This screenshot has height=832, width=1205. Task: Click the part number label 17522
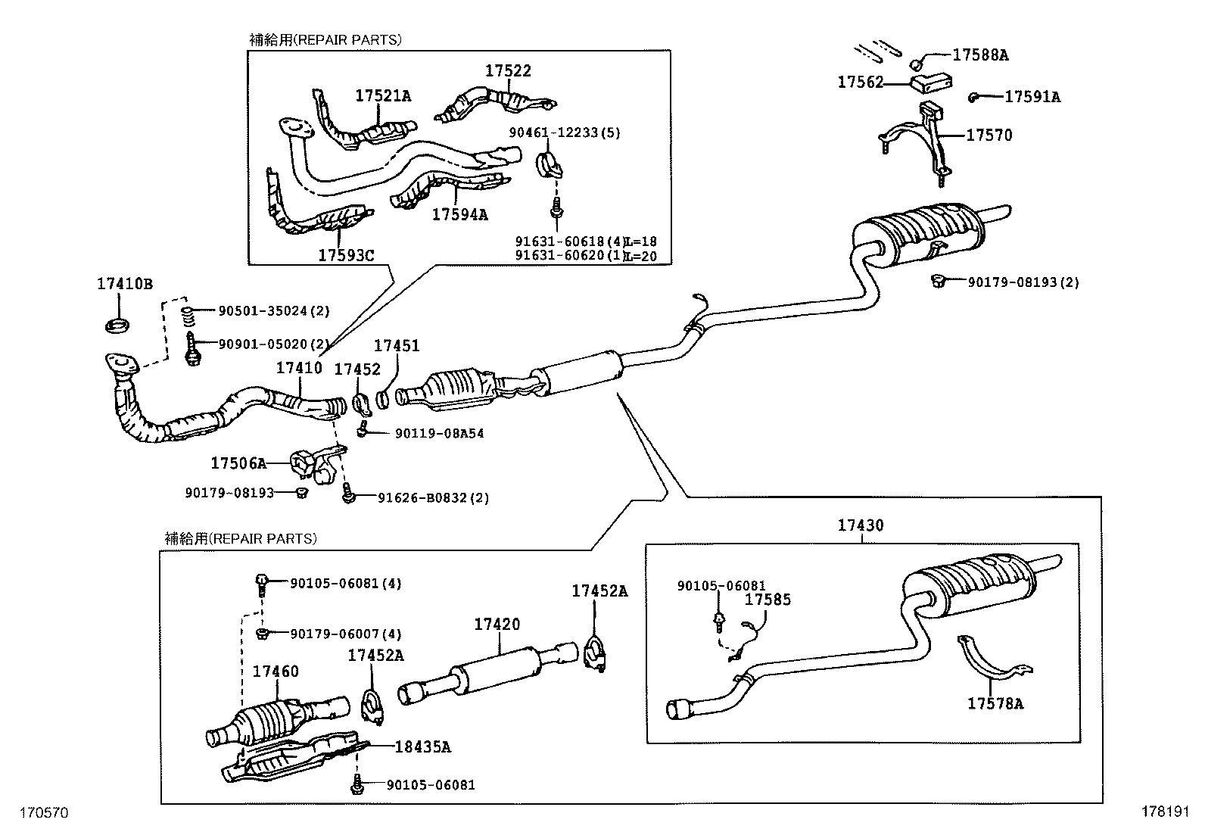pyautogui.click(x=508, y=71)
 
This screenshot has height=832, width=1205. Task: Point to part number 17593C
pyautogui.click(x=345, y=255)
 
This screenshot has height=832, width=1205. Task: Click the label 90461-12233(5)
pyautogui.click(x=564, y=132)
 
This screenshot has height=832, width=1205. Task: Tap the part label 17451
pyautogui.click(x=397, y=345)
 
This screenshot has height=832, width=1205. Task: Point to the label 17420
pyautogui.click(x=497, y=625)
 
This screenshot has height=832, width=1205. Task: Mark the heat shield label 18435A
pyautogui.click(x=422, y=747)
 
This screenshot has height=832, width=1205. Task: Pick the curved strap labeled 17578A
pyautogui.click(x=995, y=661)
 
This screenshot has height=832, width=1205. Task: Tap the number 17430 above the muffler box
pyautogui.click(x=861, y=525)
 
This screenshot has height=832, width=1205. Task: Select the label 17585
pyautogui.click(x=768, y=600)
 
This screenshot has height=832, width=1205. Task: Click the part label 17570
pyautogui.click(x=989, y=136)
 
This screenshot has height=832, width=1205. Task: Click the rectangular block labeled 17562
pyautogui.click(x=930, y=79)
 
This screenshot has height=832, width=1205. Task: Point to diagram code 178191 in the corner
pyautogui.click(x=1166, y=812)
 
